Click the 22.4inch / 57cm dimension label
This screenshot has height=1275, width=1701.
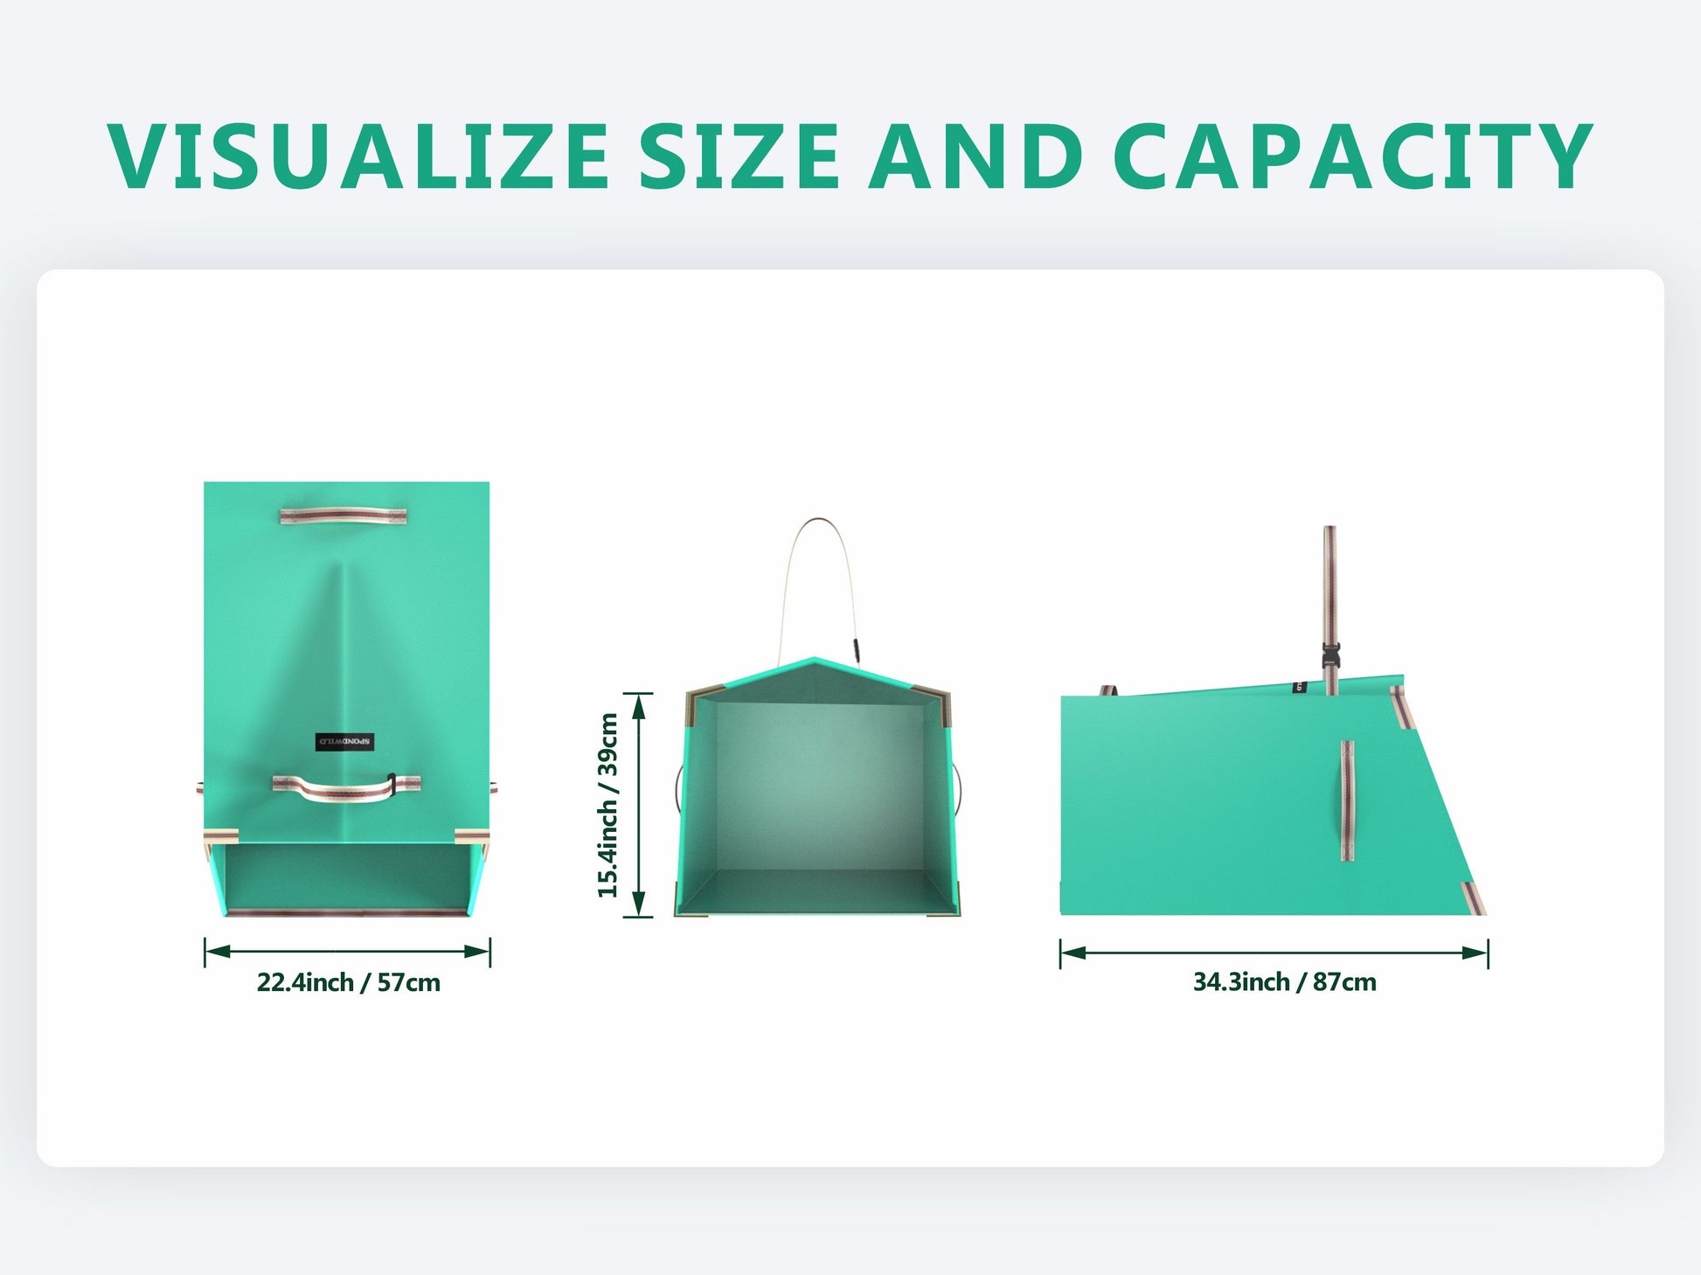click(x=348, y=982)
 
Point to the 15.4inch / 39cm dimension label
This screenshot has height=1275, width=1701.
click(x=608, y=805)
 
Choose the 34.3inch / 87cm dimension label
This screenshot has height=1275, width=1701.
click(x=1284, y=982)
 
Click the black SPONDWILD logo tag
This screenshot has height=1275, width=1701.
click(x=344, y=742)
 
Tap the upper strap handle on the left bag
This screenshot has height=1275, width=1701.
click(x=344, y=516)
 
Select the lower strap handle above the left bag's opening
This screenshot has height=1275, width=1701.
click(x=346, y=787)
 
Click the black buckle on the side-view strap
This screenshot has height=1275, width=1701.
click(x=1331, y=655)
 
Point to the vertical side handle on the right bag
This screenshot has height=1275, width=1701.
click(x=1347, y=800)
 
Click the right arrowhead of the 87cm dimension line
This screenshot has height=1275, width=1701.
click(x=1475, y=953)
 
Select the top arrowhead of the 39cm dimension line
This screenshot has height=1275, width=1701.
click(x=639, y=706)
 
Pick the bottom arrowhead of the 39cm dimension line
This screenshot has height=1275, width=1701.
click(x=639, y=904)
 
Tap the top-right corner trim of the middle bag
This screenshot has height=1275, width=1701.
click(x=934, y=701)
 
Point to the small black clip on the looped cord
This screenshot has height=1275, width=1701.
click(x=857, y=648)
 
